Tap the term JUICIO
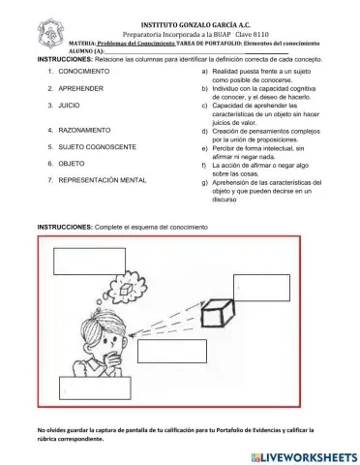pos(69,102)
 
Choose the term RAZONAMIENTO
pos(83,129)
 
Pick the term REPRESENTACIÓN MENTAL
pos(103,181)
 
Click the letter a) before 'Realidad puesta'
pos(202,73)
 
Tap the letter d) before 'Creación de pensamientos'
pos(202,129)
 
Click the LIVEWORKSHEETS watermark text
pos(308,453)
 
